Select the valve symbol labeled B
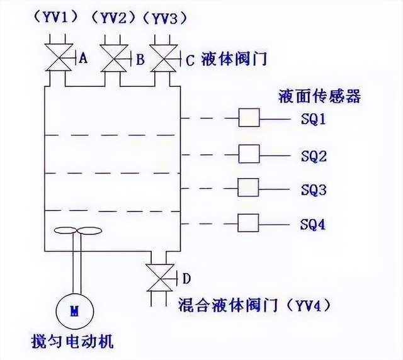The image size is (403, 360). click(x=114, y=59)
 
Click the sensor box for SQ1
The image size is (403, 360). click(x=249, y=118)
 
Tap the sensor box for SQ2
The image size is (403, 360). click(x=249, y=153)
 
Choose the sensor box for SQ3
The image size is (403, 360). click(x=249, y=188)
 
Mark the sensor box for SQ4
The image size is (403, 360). click(x=249, y=222)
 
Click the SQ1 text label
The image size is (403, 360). click(x=313, y=118)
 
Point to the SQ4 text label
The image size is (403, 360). click(x=313, y=223)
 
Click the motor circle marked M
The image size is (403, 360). click(x=75, y=310)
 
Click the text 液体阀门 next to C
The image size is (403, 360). click(x=234, y=60)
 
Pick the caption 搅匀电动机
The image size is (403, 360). click(x=74, y=343)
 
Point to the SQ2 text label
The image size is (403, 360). click(x=313, y=155)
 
